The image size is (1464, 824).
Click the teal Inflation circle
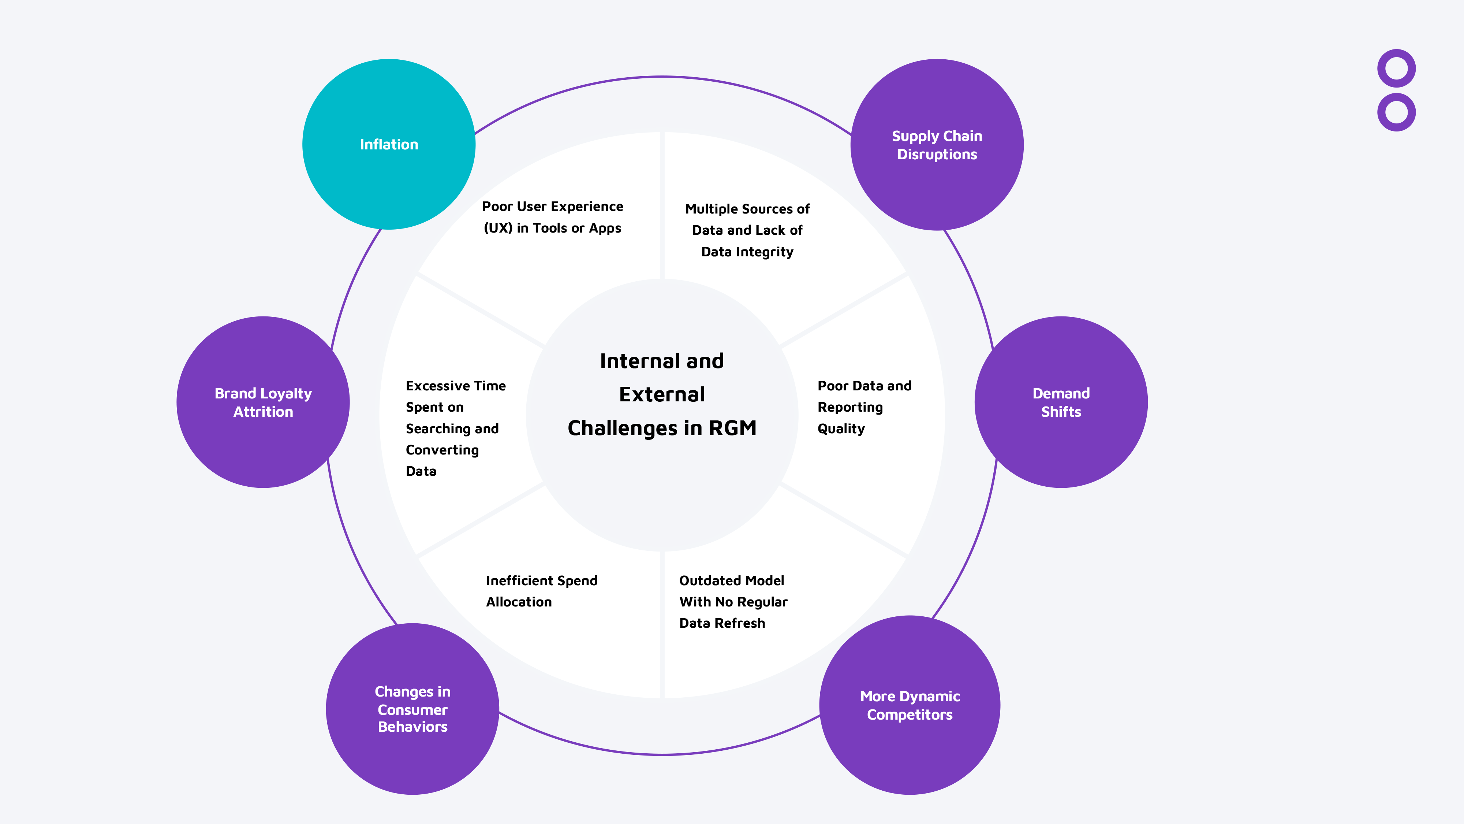pos(389,144)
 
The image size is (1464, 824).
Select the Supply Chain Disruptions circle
pos(937,145)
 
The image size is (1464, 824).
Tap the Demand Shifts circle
pos(1061,402)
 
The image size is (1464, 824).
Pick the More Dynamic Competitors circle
pos(909,705)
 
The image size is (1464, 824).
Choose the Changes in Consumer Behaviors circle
pos(412,709)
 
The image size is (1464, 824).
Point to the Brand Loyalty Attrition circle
pos(263,402)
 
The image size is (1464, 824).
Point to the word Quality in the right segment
pos(841,429)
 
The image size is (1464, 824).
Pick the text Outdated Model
pos(731,580)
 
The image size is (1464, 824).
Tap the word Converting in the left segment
pos(442,450)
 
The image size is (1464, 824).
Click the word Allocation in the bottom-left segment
pos(518,602)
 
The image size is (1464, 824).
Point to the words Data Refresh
pos(722,623)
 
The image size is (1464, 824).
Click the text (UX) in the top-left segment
pos(498,228)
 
